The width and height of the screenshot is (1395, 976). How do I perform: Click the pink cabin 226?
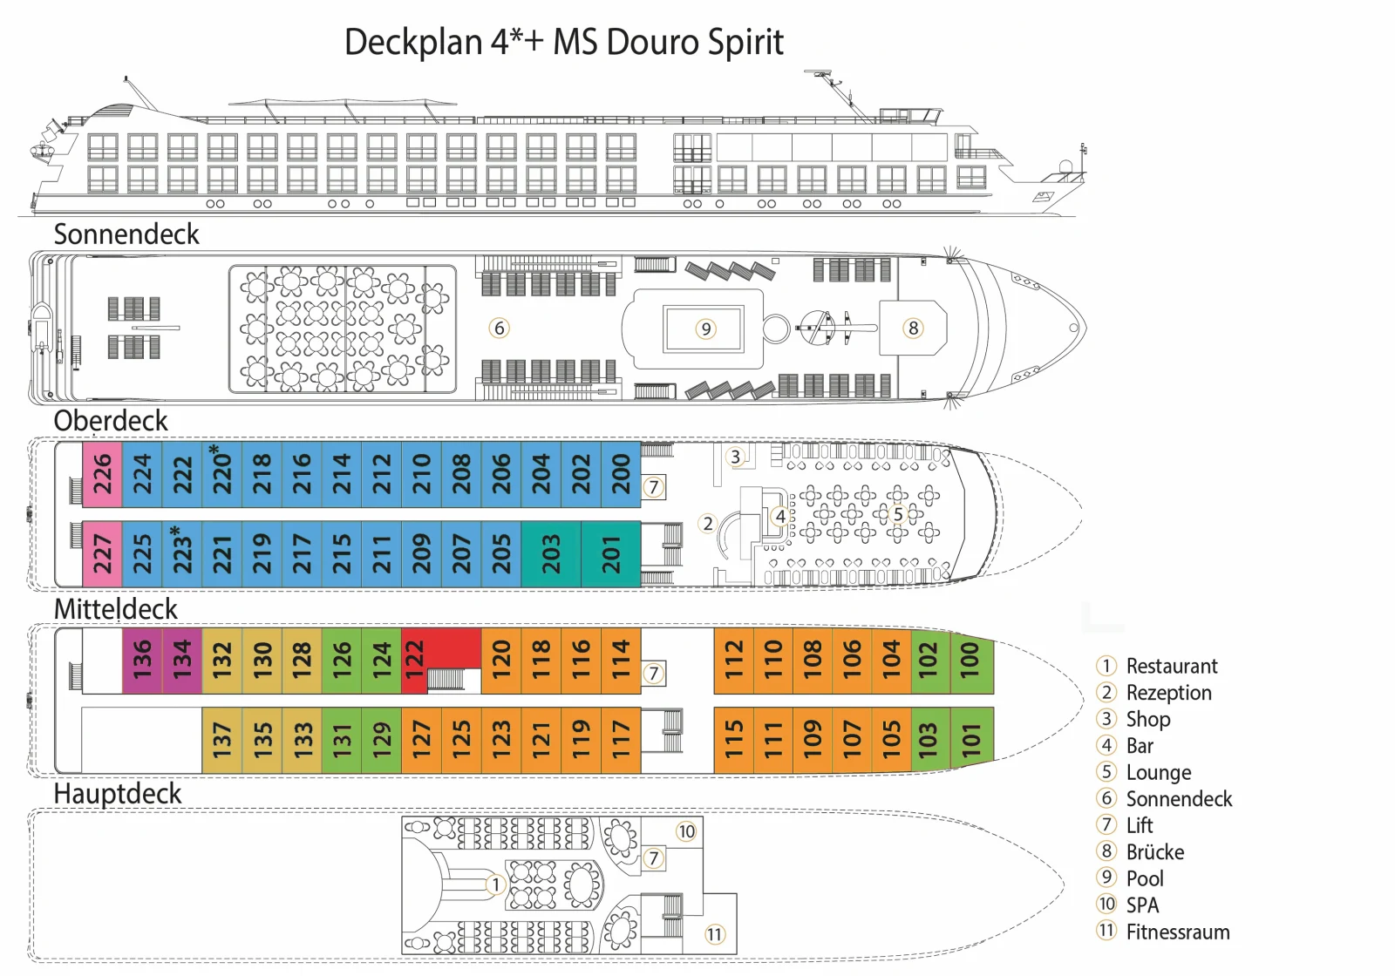(102, 474)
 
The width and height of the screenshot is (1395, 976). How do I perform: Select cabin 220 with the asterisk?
(221, 474)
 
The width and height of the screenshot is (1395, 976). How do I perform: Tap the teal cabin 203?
(551, 554)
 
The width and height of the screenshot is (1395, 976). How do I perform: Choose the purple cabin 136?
(142, 661)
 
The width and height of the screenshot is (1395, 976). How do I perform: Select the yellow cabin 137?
(221, 740)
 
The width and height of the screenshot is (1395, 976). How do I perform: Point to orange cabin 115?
(733, 740)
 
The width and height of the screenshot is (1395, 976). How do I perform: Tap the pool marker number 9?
(705, 329)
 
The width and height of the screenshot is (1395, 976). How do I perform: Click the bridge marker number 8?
(913, 328)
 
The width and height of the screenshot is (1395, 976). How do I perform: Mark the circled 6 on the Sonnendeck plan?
(499, 328)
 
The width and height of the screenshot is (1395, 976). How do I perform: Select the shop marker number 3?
(736, 457)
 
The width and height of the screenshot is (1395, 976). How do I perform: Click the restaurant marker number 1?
(496, 884)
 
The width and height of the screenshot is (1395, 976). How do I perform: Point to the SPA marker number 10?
(686, 831)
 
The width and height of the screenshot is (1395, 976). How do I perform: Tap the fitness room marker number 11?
(714, 934)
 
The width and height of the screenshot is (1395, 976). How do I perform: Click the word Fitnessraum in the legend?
(1178, 932)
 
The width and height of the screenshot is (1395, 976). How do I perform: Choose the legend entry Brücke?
(1155, 852)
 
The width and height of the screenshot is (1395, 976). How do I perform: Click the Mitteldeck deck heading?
(116, 609)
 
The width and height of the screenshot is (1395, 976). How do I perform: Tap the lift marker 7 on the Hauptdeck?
(653, 858)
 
